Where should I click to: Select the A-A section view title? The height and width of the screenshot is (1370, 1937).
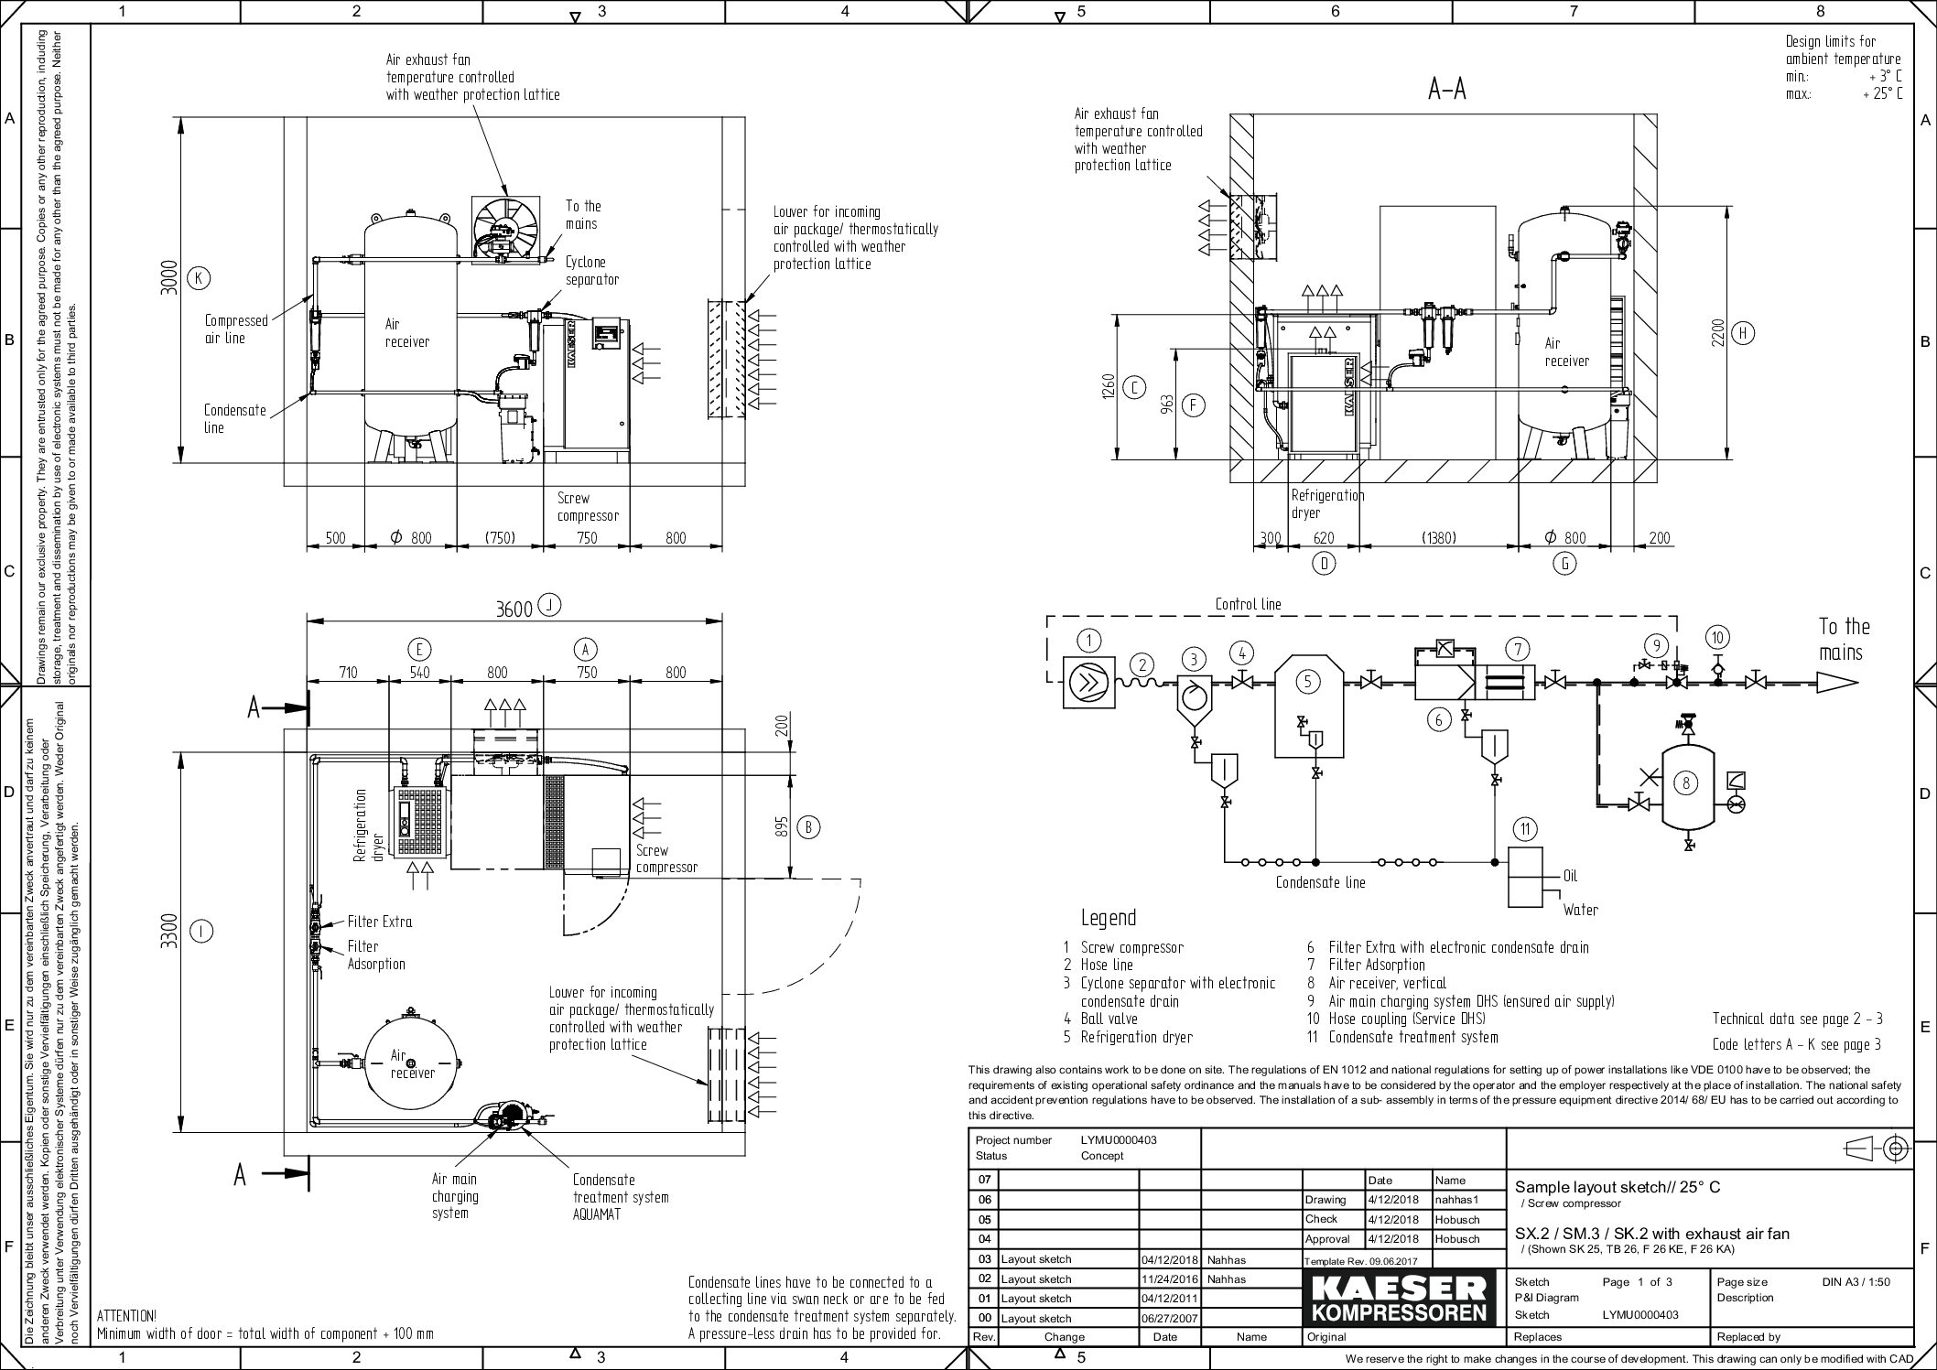pos(1447,90)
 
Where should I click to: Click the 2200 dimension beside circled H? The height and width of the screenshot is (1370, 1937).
pos(1717,333)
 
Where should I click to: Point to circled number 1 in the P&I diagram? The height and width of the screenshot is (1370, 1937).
pos(1088,640)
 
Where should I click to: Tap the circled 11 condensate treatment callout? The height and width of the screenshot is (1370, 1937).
pos(1524,829)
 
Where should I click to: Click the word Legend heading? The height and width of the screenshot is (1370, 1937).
pos(1108,918)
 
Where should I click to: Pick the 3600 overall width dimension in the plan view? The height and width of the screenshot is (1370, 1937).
pos(514,609)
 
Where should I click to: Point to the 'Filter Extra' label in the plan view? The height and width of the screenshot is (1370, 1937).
pos(379,922)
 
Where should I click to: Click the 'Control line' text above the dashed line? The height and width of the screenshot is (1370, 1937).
pos(1248,604)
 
